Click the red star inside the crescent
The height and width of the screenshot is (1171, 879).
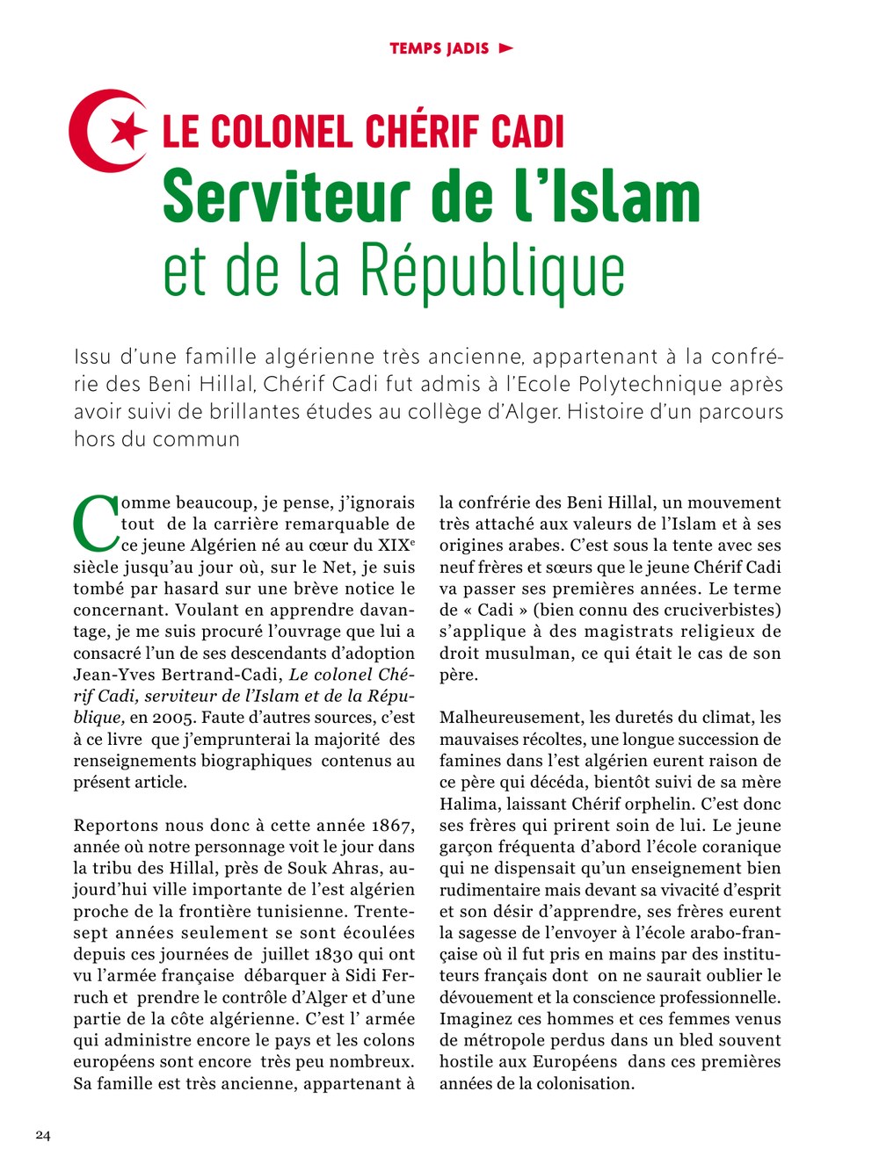coord(129,131)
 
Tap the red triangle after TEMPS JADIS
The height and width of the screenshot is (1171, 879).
coord(505,47)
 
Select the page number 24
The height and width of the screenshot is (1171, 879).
coord(43,1135)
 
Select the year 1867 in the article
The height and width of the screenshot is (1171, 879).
coord(391,826)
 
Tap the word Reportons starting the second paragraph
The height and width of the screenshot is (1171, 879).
coord(112,826)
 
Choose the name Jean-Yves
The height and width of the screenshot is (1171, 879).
coord(112,675)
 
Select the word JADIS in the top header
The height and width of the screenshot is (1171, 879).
coord(467,48)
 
